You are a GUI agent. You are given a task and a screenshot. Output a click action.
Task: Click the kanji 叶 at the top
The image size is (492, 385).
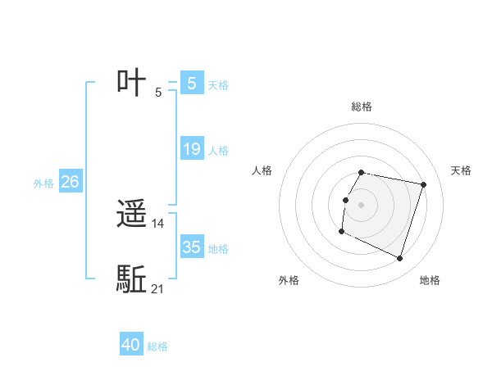132,84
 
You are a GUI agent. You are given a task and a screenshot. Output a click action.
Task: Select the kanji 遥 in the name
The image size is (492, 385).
132,215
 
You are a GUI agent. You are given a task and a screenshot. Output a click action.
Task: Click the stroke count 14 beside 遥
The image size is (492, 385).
158,224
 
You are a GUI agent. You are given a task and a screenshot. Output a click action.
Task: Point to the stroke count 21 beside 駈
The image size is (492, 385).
157,288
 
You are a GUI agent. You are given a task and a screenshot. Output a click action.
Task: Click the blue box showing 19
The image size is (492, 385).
192,149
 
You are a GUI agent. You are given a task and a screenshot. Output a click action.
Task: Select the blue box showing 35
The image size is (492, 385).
192,247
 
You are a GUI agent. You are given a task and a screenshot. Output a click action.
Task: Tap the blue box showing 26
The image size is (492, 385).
70,182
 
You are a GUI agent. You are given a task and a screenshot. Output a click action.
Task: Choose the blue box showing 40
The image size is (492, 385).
131,345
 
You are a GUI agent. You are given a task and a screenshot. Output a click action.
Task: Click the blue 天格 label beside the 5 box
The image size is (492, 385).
218,84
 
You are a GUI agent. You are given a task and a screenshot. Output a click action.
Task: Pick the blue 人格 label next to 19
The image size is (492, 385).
218,151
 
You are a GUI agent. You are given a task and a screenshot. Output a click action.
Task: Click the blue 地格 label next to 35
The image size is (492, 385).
218,249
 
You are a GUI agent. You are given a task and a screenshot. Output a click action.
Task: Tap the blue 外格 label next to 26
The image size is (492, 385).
43,183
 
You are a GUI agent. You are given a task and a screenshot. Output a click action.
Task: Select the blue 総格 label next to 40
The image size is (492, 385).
157,346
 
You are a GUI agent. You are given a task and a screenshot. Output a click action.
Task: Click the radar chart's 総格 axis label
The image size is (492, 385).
362,106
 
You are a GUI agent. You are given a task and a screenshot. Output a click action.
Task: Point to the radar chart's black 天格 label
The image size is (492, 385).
461,170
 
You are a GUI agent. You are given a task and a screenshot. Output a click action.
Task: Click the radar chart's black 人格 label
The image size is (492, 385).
262,170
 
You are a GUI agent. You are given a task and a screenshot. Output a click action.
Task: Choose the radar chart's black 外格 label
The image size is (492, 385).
289,280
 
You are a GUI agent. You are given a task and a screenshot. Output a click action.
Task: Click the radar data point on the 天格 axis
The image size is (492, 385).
423,185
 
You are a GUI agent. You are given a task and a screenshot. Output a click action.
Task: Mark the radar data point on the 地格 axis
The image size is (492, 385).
399,258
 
